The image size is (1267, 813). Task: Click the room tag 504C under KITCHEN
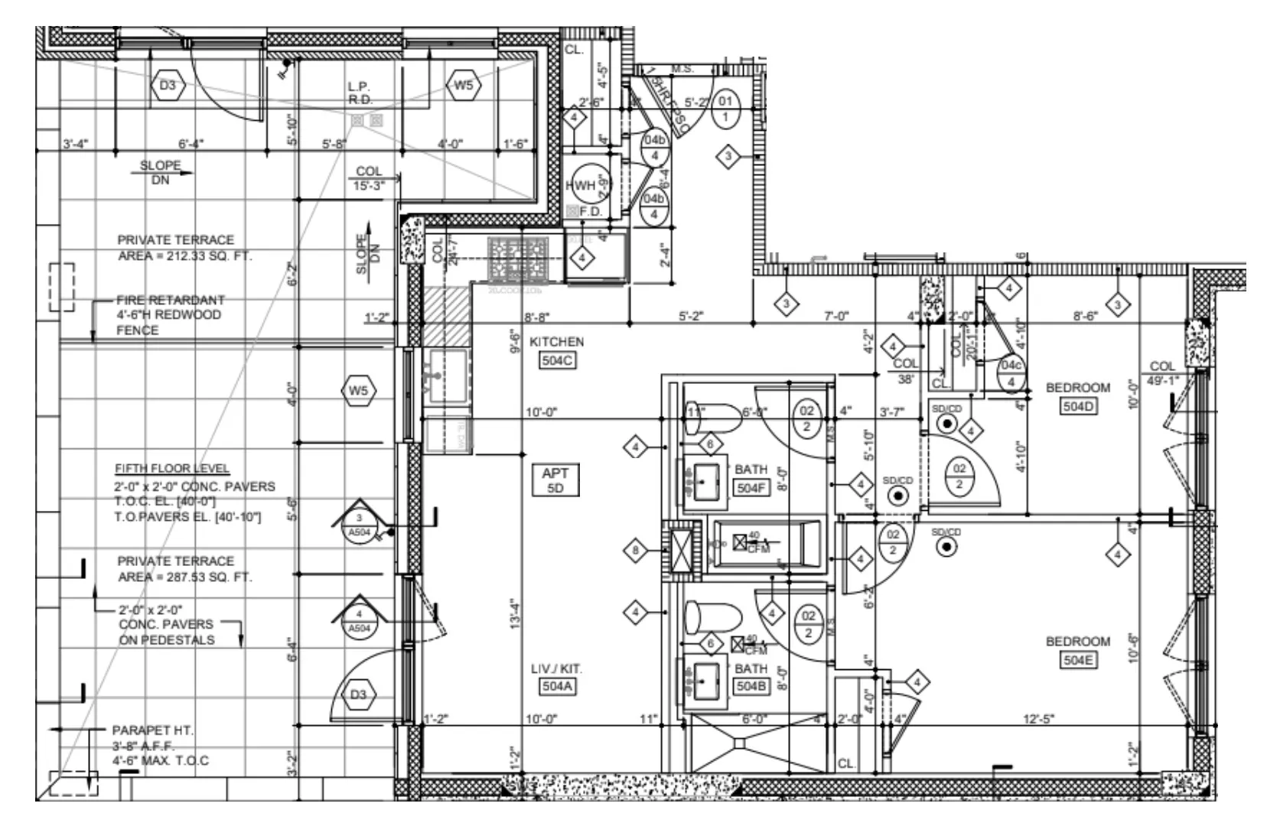pos(556,359)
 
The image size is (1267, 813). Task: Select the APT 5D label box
pos(555,480)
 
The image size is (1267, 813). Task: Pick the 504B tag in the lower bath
pos(750,687)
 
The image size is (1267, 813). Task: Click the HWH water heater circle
pos(588,185)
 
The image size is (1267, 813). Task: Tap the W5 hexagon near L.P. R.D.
pos(464,86)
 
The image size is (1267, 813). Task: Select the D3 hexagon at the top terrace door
pos(168,86)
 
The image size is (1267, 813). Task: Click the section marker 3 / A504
pos(359,524)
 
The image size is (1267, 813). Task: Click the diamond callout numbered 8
pos(635,550)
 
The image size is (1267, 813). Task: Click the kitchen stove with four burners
pos(519,260)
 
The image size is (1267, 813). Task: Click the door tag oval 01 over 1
pos(725,109)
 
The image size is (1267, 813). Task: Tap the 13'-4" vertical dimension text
pos(514,613)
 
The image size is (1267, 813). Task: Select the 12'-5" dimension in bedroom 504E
pos(1038,718)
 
